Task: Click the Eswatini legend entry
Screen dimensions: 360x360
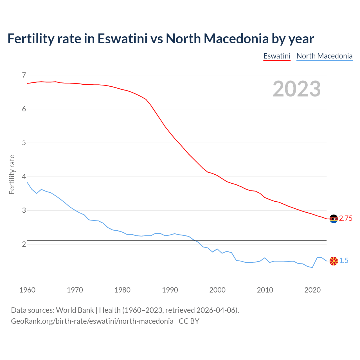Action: tap(277, 56)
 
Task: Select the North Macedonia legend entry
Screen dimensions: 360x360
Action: tap(324, 56)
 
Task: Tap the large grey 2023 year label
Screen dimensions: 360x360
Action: tap(296, 89)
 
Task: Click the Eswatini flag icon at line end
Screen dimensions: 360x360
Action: tap(334, 219)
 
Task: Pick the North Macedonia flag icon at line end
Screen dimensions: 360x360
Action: tap(334, 261)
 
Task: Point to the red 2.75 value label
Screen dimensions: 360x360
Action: tap(346, 219)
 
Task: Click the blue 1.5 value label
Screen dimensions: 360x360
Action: tap(344, 261)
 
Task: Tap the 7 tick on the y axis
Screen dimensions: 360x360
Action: tap(24, 75)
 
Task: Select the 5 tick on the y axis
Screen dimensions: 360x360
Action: tap(24, 143)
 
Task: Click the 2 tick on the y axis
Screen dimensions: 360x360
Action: tap(24, 244)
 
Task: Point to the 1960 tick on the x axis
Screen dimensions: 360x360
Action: tap(27, 290)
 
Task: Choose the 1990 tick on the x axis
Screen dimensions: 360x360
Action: tap(170, 290)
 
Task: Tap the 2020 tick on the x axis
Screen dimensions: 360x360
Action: tap(312, 290)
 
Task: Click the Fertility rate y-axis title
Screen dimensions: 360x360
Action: tap(12, 174)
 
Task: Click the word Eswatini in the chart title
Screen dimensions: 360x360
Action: tap(122, 39)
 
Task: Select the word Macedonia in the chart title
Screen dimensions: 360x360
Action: tap(236, 39)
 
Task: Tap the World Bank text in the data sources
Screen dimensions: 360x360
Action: tap(75, 310)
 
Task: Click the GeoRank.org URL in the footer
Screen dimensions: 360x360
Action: tap(92, 321)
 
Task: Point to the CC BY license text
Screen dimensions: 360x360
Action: tap(189, 321)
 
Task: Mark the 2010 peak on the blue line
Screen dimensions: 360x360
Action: tap(265, 258)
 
